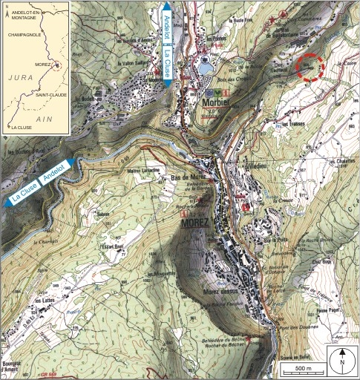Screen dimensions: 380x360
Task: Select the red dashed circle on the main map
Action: click(x=310, y=67)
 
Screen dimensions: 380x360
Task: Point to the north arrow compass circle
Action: click(x=341, y=358)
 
